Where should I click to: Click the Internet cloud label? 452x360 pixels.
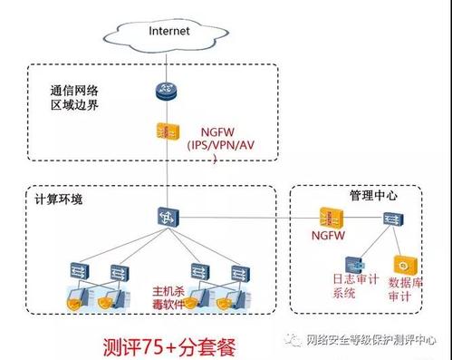click(x=169, y=31)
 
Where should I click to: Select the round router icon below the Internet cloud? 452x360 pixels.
click(x=166, y=91)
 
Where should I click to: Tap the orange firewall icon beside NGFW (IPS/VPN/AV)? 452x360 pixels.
click(x=168, y=131)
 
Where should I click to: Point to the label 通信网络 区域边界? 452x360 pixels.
click(x=74, y=98)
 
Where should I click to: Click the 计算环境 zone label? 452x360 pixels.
click(x=59, y=199)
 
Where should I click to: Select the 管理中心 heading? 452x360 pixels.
click(x=373, y=195)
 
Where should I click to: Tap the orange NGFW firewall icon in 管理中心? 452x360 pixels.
click(x=332, y=219)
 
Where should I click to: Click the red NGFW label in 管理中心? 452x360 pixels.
click(x=328, y=235)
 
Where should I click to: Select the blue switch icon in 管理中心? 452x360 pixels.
click(x=393, y=219)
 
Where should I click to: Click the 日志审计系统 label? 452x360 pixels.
click(x=355, y=286)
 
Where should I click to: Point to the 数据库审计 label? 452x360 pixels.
click(x=405, y=289)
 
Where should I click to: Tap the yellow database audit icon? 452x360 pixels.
click(x=405, y=266)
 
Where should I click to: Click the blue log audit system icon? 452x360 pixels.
click(x=355, y=265)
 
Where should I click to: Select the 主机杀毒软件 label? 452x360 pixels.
click(x=168, y=297)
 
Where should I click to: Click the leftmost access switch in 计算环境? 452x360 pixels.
click(x=80, y=271)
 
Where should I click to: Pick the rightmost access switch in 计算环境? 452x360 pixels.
click(x=240, y=273)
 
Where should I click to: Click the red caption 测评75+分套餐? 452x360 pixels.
click(x=169, y=346)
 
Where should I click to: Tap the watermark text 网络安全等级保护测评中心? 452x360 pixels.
click(x=371, y=340)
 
